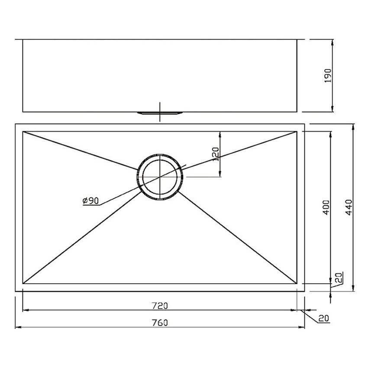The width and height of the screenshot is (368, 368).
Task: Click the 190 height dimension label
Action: pos(328,75)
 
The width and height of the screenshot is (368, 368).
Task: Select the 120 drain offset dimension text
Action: pos(216,154)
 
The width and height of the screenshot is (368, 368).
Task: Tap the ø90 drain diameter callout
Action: pos(91,200)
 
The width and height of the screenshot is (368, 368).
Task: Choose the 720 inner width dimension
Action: pos(160,306)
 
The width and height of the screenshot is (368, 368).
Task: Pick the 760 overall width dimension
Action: pos(160,323)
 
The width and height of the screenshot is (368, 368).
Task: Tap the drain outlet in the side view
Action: pos(160,113)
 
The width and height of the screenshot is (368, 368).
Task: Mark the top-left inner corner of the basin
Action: pos(23,131)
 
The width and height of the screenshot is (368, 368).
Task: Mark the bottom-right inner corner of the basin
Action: pos(297,284)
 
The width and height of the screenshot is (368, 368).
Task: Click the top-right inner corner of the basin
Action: pos(297,131)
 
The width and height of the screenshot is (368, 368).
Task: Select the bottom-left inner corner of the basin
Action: pos(23,284)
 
